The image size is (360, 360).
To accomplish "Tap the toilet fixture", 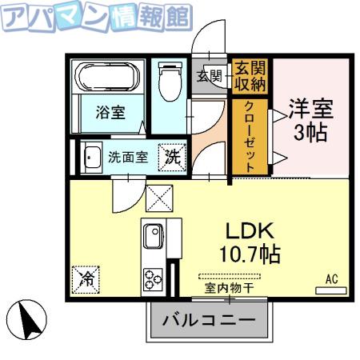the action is (170, 82).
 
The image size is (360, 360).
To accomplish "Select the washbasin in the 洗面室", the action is (91, 158).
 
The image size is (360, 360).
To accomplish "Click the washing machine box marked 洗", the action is (172, 157).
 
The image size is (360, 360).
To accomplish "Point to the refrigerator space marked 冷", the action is (86, 279).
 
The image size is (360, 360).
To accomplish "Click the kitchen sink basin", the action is (154, 236).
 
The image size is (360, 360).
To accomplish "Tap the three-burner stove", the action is (154, 279).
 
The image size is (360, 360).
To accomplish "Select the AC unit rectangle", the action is (331, 290).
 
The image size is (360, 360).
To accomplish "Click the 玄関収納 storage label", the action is (250, 76).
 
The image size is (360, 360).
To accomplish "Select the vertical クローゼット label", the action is (250, 137).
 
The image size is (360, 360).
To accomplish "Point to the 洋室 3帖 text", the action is (311, 120).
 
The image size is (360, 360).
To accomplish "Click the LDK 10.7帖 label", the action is (250, 242).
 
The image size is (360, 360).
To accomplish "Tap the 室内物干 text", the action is (229, 288).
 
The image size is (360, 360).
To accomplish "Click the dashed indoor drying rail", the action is (230, 276).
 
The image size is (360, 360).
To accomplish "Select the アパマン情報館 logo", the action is (97, 17).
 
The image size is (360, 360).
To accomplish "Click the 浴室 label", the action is (110, 112).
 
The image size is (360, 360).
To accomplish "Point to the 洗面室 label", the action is (128, 158).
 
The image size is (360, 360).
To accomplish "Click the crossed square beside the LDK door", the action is (159, 198).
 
